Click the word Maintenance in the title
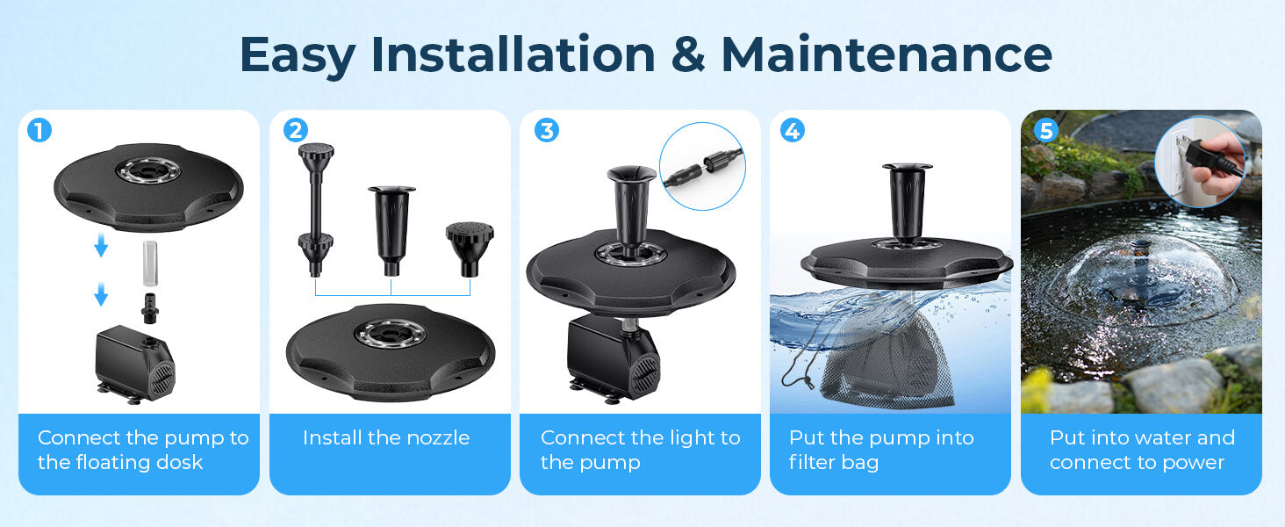coord(886,54)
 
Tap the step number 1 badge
coord(39,131)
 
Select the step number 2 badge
coord(296,131)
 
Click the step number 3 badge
coord(547,131)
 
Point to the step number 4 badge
coord(793,131)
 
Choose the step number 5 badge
coord(1045,131)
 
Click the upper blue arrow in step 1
coord(101,246)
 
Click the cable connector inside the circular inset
coord(702,165)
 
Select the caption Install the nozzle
coord(385,437)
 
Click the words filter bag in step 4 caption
coord(833,462)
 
